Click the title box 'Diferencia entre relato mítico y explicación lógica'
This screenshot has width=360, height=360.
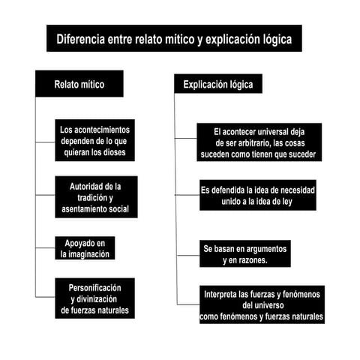coord(174,38)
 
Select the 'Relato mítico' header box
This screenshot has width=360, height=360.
coord(79,84)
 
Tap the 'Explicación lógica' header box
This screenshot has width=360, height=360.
coord(218,85)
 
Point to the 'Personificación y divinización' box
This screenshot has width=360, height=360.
coord(95,298)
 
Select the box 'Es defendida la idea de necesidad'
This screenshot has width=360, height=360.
coord(257,196)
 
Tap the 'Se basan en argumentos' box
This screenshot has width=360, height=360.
coord(245,253)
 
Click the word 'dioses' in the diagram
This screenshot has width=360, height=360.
coord(120,152)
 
